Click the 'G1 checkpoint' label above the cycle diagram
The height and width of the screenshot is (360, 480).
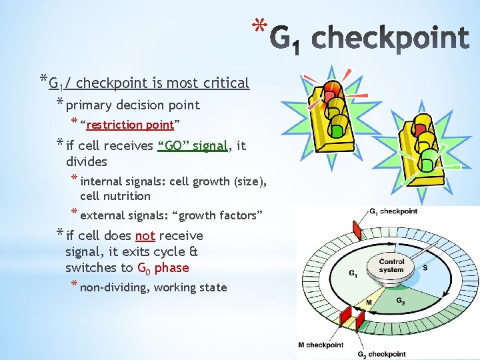point(393,212)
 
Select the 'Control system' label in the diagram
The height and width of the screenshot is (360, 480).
point(391,265)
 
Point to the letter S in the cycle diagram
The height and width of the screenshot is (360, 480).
point(425,267)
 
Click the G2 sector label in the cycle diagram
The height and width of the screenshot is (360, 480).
point(401,301)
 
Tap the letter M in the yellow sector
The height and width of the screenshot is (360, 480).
point(369,303)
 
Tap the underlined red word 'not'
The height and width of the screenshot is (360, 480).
point(145,235)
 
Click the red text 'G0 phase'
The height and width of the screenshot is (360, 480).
point(163,268)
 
